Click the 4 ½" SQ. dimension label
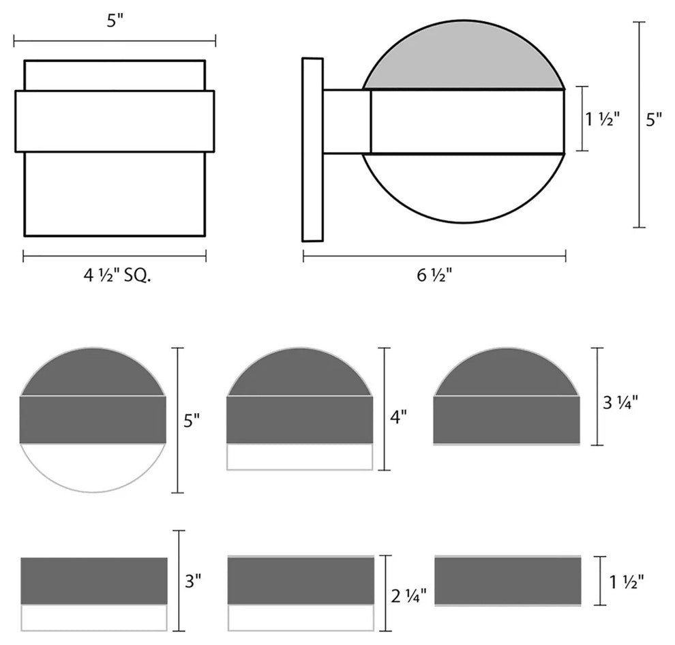pos(117,275)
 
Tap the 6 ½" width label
pos(434,275)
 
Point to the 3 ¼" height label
pos(620,402)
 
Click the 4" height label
pos(398,417)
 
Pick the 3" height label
pos(193,582)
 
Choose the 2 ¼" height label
pos(408,595)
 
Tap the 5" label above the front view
pos(115,20)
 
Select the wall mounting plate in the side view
pos(312,149)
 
